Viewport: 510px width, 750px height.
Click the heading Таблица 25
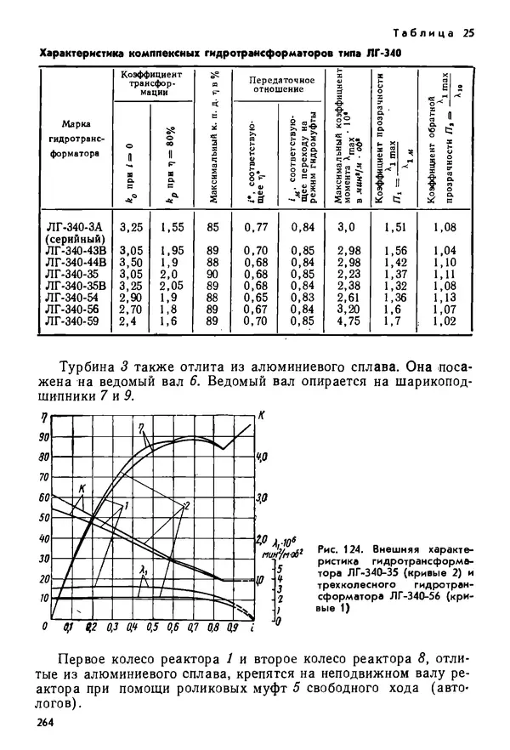(432, 34)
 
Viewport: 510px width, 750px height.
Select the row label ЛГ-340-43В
(76, 251)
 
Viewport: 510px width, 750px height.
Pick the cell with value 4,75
(348, 321)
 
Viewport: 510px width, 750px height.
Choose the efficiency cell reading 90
(212, 275)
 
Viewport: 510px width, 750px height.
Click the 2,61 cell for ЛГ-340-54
(348, 298)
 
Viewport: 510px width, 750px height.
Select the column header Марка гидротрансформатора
(76, 138)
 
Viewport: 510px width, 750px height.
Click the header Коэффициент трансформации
(154, 84)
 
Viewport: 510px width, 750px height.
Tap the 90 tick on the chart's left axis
(42, 437)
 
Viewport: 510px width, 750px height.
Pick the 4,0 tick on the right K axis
(263, 457)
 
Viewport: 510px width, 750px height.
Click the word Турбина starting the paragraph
(92, 366)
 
